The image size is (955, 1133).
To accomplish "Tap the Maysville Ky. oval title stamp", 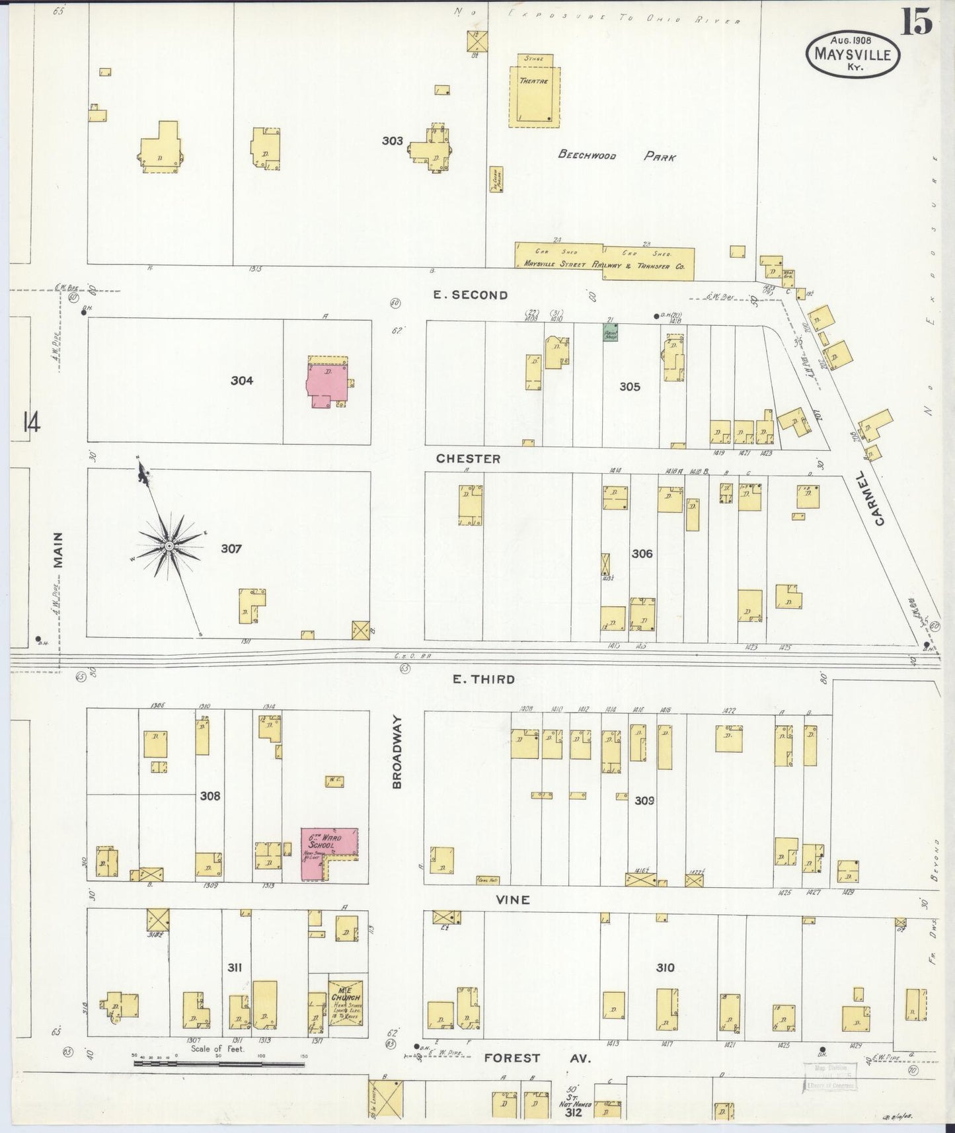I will coord(852,54).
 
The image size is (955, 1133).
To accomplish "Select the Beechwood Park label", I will coord(617,156).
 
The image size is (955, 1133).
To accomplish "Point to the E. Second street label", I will coord(471,295).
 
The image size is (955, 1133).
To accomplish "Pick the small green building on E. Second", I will coord(611,332).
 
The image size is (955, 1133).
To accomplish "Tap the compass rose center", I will coord(169,545).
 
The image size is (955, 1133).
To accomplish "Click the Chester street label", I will coord(468,458).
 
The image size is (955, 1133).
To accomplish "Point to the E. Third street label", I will coord(483,679).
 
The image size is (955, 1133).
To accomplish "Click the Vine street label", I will coord(514,900).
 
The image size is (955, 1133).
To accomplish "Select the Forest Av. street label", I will coord(537,1058).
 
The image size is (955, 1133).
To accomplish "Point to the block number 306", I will coord(642,553).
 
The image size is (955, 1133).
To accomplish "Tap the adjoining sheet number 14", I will coord(31,422).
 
